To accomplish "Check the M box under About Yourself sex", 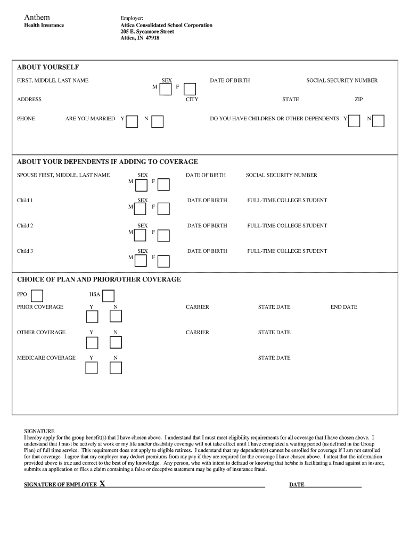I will (166, 89).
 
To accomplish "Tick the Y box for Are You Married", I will (132, 122).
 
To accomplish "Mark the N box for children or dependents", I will (378, 121).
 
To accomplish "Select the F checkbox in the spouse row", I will (163, 185).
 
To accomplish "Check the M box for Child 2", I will (141, 235).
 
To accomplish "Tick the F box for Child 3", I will (163, 261).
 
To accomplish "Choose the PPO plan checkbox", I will (37, 296).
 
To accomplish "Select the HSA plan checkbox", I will (108, 296).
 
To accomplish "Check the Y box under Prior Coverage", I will (92, 317).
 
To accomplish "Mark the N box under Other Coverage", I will (116, 342).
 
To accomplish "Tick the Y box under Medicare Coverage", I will (92, 368).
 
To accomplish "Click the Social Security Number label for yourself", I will (342, 81).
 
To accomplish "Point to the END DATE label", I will (344, 307).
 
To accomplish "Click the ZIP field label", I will (359, 100).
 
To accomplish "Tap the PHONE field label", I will (26, 119).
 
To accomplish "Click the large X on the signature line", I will (102, 484).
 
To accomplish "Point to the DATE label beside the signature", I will (297, 485).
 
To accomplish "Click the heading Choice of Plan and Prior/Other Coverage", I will (99, 279).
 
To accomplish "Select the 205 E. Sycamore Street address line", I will (147, 31).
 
